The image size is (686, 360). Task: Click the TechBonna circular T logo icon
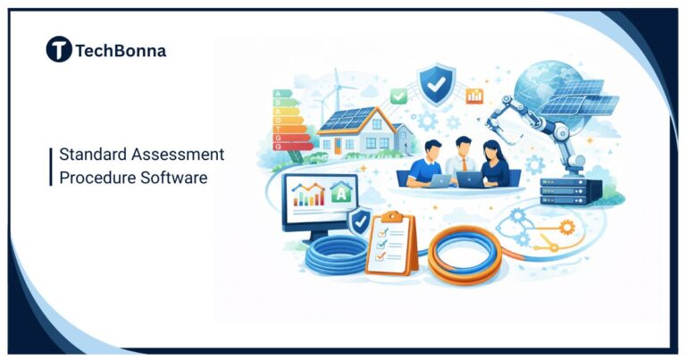click(x=59, y=50)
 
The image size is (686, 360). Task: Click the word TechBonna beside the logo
click(x=121, y=51)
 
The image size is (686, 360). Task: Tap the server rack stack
click(x=564, y=189)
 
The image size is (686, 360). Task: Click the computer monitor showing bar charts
click(x=320, y=199)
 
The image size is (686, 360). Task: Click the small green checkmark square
click(x=398, y=96)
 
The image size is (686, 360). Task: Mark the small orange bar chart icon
click(x=474, y=95)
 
